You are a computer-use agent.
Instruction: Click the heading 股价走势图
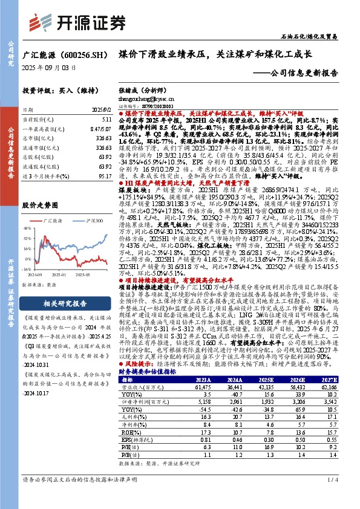coord(39,206)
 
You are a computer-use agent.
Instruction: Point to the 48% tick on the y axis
coord(27,229)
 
